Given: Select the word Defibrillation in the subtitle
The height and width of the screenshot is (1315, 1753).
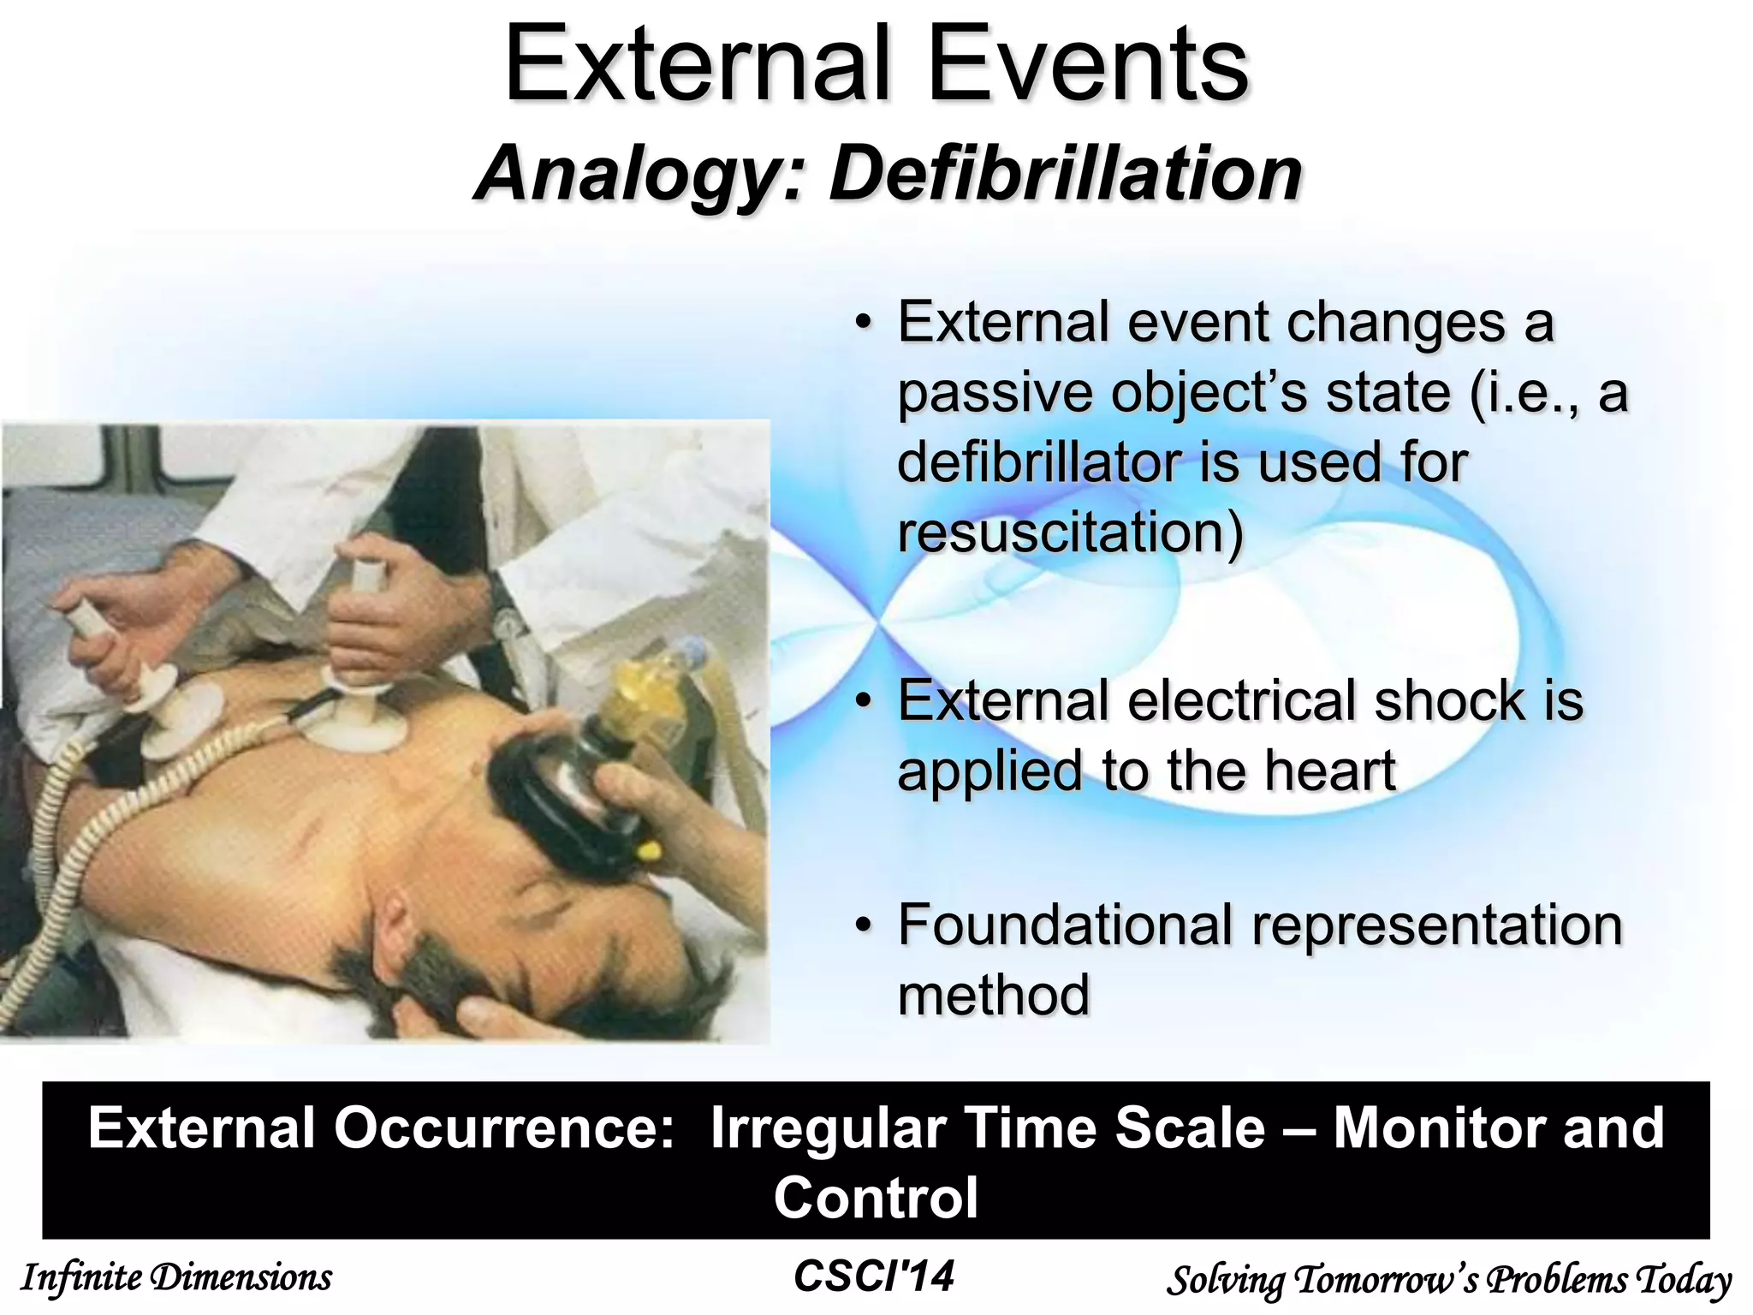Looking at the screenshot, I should [1066, 174].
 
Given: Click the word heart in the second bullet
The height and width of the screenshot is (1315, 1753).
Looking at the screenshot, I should [1330, 771].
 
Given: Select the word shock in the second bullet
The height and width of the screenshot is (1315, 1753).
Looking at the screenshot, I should [1449, 700].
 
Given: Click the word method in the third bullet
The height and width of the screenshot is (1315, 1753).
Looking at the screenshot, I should [994, 996].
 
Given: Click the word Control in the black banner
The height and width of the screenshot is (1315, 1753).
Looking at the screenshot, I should [876, 1198].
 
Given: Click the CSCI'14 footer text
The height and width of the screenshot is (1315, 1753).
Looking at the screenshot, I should [874, 1276].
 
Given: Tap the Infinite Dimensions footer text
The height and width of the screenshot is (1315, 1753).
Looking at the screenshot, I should [176, 1277].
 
